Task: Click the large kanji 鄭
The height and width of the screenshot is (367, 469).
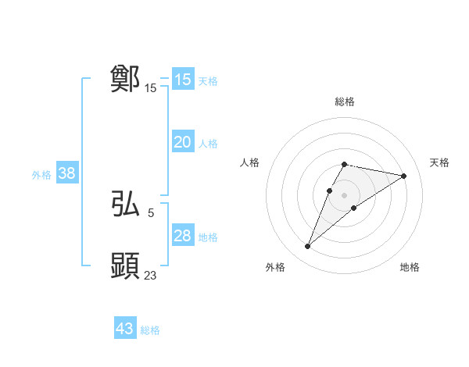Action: [126, 79]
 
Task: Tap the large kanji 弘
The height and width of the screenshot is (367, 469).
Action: [126, 205]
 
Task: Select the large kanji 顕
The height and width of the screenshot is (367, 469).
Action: [126, 266]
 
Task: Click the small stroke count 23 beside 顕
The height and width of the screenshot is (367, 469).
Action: [150, 275]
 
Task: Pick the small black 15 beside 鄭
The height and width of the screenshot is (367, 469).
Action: [150, 88]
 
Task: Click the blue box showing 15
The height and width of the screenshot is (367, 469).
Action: [182, 80]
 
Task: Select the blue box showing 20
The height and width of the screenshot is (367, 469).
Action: [182, 142]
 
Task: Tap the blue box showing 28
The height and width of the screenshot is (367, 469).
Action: [182, 236]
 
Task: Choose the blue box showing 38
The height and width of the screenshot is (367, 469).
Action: [66, 173]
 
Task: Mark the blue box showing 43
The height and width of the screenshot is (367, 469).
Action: [125, 329]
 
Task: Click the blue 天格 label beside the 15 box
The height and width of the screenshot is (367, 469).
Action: [208, 81]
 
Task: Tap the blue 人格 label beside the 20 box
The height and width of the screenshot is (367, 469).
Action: [208, 144]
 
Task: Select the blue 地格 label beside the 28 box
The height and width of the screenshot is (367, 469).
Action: [208, 237]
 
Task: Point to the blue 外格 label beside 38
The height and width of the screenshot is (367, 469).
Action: [41, 175]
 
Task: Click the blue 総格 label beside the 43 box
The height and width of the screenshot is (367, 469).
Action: [150, 330]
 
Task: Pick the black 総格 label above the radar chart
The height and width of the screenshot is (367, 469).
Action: [344, 102]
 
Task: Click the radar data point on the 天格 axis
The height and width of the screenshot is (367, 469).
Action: [403, 176]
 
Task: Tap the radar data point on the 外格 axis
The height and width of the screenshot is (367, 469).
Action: [308, 247]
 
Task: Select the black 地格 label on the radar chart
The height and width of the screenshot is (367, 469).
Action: [410, 267]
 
